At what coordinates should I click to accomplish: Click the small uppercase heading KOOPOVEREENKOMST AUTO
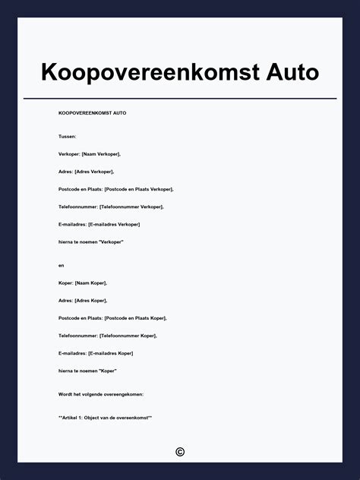pyautogui.click(x=92, y=112)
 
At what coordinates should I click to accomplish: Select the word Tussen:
pyautogui.click(x=68, y=136)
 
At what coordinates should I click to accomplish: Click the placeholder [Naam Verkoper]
pyautogui.click(x=101, y=153)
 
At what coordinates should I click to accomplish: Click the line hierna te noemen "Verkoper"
pyautogui.click(x=90, y=242)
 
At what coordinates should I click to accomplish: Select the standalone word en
pyautogui.click(x=62, y=265)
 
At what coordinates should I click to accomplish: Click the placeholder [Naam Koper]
pyautogui.click(x=91, y=283)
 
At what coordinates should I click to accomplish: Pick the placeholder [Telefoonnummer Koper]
pyautogui.click(x=128, y=335)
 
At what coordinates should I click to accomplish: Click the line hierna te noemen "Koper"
pyautogui.click(x=87, y=371)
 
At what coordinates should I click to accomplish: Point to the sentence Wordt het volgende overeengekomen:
pyautogui.click(x=101, y=394)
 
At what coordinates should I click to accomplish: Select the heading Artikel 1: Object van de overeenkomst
pyautogui.click(x=105, y=417)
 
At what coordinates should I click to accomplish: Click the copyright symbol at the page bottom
pyautogui.click(x=180, y=452)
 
